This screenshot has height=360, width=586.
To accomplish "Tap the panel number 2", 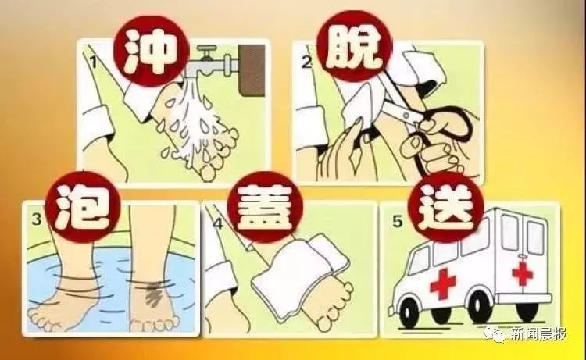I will click(x=306, y=59).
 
